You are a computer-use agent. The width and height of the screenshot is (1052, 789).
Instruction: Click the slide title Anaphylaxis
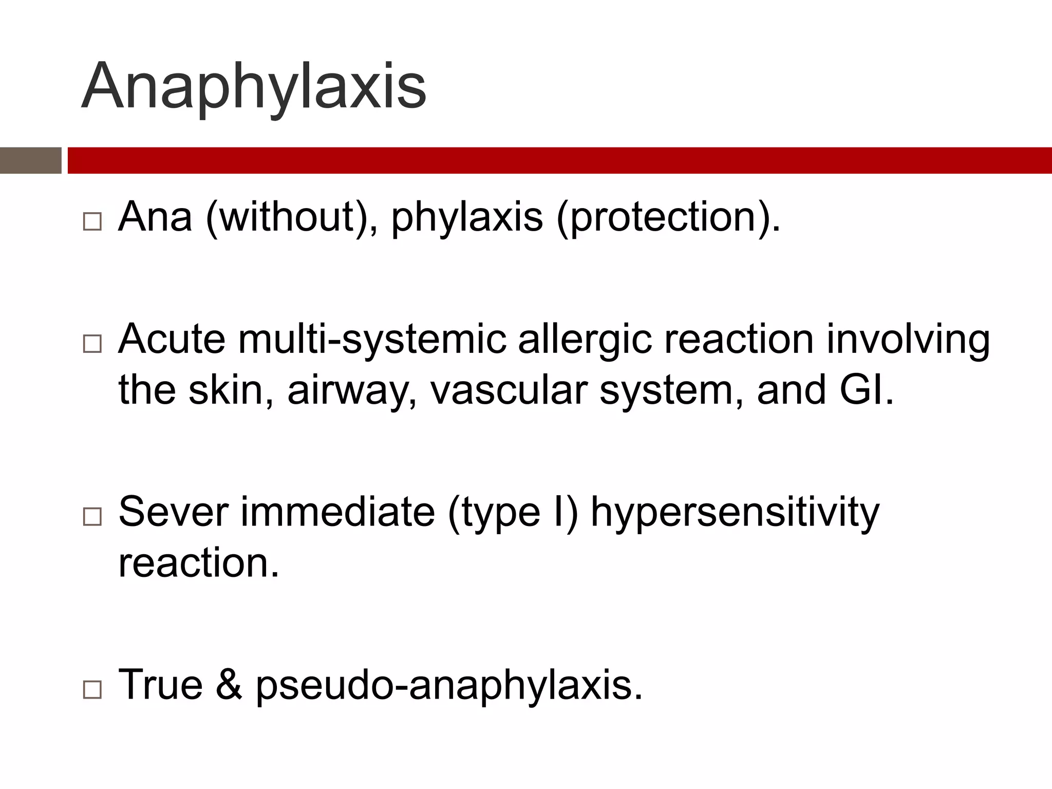click(254, 86)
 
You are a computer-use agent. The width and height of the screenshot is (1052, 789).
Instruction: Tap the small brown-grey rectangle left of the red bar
click(30, 161)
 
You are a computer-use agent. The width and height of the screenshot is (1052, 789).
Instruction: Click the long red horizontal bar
click(559, 161)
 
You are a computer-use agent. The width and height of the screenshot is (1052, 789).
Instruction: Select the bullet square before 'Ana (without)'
click(92, 221)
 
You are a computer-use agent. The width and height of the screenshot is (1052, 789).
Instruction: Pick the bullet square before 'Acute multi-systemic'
click(92, 344)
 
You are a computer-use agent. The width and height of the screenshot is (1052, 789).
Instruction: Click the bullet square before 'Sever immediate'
click(92, 516)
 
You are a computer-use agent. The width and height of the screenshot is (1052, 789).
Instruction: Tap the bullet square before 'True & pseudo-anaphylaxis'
click(92, 690)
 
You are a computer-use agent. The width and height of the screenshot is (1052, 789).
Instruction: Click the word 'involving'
click(908, 341)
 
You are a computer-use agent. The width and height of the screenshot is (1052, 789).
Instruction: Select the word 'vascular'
click(508, 389)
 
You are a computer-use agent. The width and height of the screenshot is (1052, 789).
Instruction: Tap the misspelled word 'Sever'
click(173, 512)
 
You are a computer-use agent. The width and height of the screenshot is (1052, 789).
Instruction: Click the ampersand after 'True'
click(229, 685)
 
